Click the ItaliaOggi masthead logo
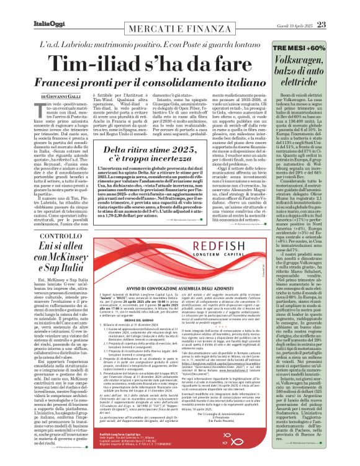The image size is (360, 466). click(x=28, y=7)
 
